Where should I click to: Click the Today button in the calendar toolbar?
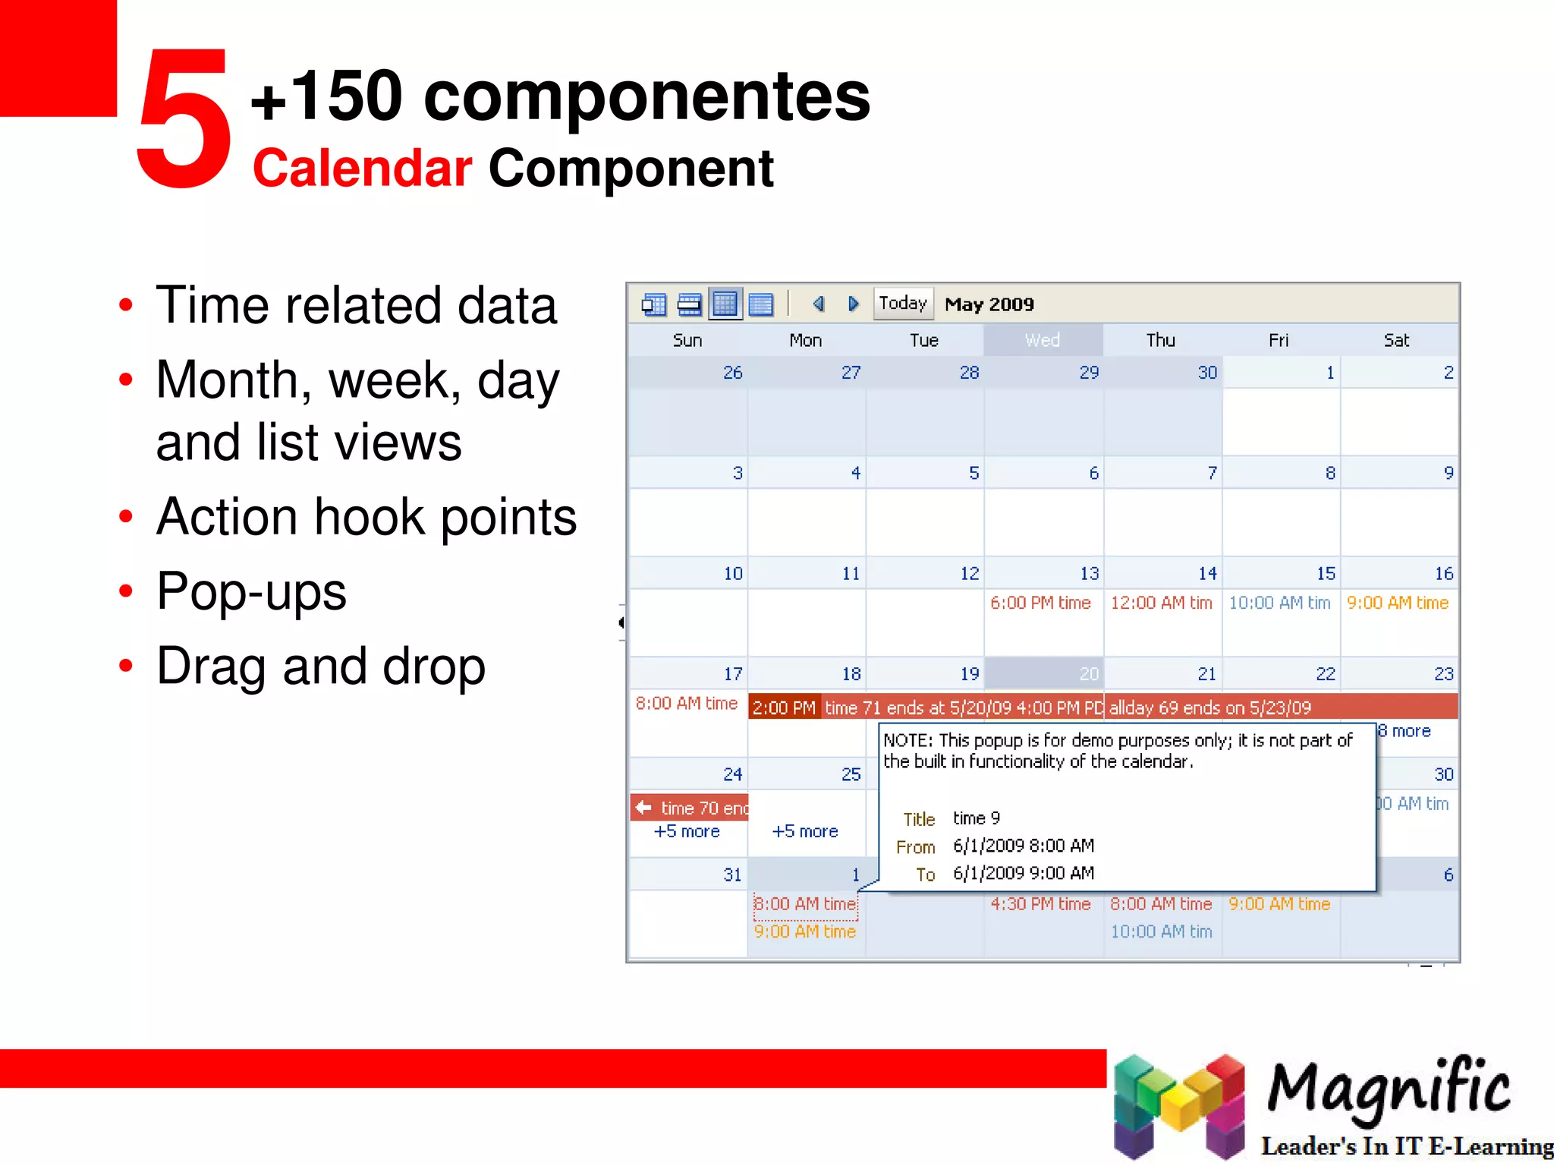pos(902,304)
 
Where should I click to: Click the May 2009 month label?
pos(989,304)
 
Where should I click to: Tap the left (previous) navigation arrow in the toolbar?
pos(818,304)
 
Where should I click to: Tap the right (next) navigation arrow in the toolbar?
pos(853,304)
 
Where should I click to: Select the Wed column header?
pos(1043,340)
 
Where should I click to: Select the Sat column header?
pos(1395,340)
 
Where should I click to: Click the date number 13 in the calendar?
pos(1089,574)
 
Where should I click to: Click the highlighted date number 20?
pos(1088,674)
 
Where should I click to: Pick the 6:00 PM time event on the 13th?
pos(1040,603)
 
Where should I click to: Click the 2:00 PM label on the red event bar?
pos(784,707)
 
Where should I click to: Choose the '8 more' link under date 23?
pos(1405,731)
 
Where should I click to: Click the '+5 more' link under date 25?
pos(804,831)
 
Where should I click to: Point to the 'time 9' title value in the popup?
pos(977,818)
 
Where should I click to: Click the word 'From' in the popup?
pos(915,847)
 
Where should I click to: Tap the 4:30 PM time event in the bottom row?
pos(1040,904)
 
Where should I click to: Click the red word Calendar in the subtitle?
pos(362,169)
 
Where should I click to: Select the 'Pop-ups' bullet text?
pos(251,591)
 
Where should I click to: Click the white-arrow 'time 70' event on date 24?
pos(690,808)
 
